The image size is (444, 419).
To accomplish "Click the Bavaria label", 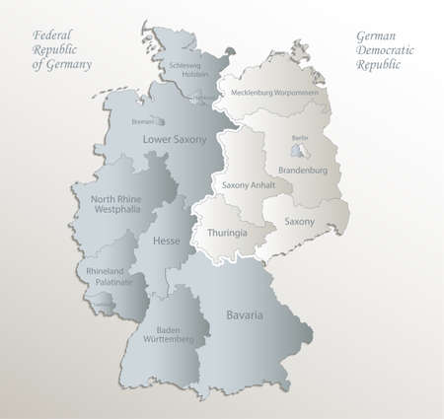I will [243, 288].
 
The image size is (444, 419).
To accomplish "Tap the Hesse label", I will [166, 239].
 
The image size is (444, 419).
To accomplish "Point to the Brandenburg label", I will [303, 170].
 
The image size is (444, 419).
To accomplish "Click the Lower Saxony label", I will [175, 140].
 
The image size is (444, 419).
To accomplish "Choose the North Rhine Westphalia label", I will [117, 204].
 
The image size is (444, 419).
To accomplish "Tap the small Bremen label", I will [142, 122].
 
